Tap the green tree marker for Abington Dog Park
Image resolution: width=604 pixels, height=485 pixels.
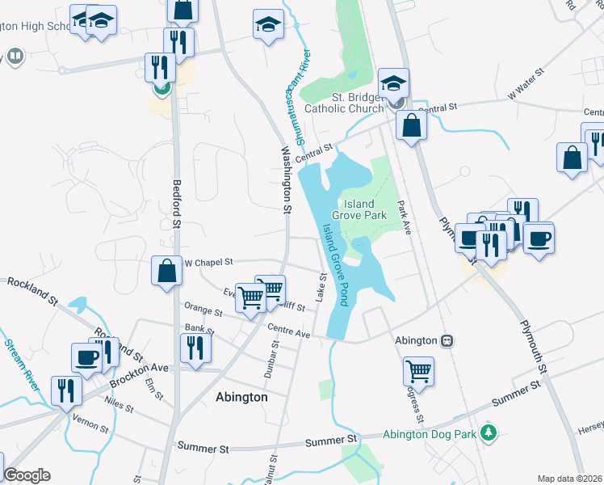(488, 433)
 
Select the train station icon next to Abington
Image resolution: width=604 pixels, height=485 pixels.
(447, 340)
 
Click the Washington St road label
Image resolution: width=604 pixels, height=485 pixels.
(286, 179)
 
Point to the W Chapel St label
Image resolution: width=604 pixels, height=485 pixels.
(208, 262)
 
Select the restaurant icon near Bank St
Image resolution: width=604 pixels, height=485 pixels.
(195, 348)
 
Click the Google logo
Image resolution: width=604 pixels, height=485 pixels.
(27, 475)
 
